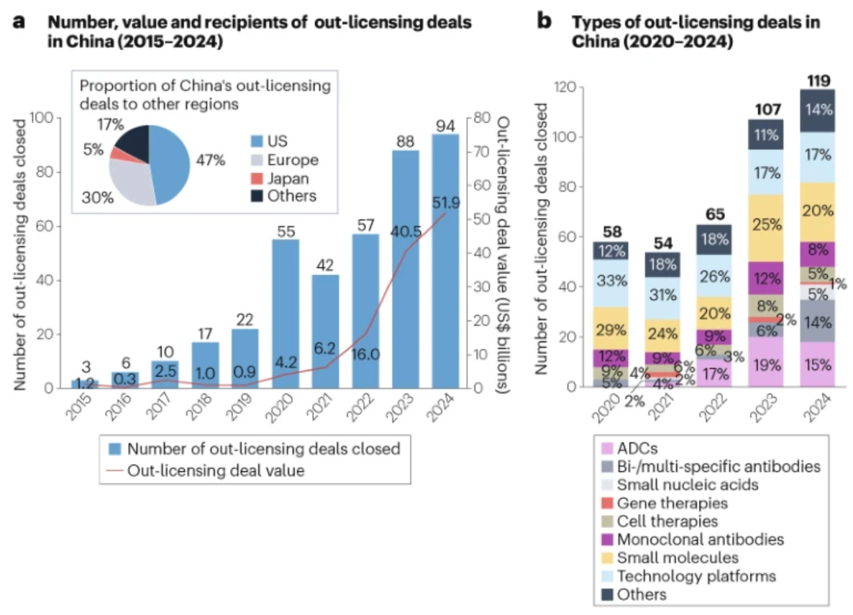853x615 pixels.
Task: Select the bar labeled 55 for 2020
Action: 285,316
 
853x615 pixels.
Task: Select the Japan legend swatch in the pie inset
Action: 256,178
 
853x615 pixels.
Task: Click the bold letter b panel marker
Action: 546,21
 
